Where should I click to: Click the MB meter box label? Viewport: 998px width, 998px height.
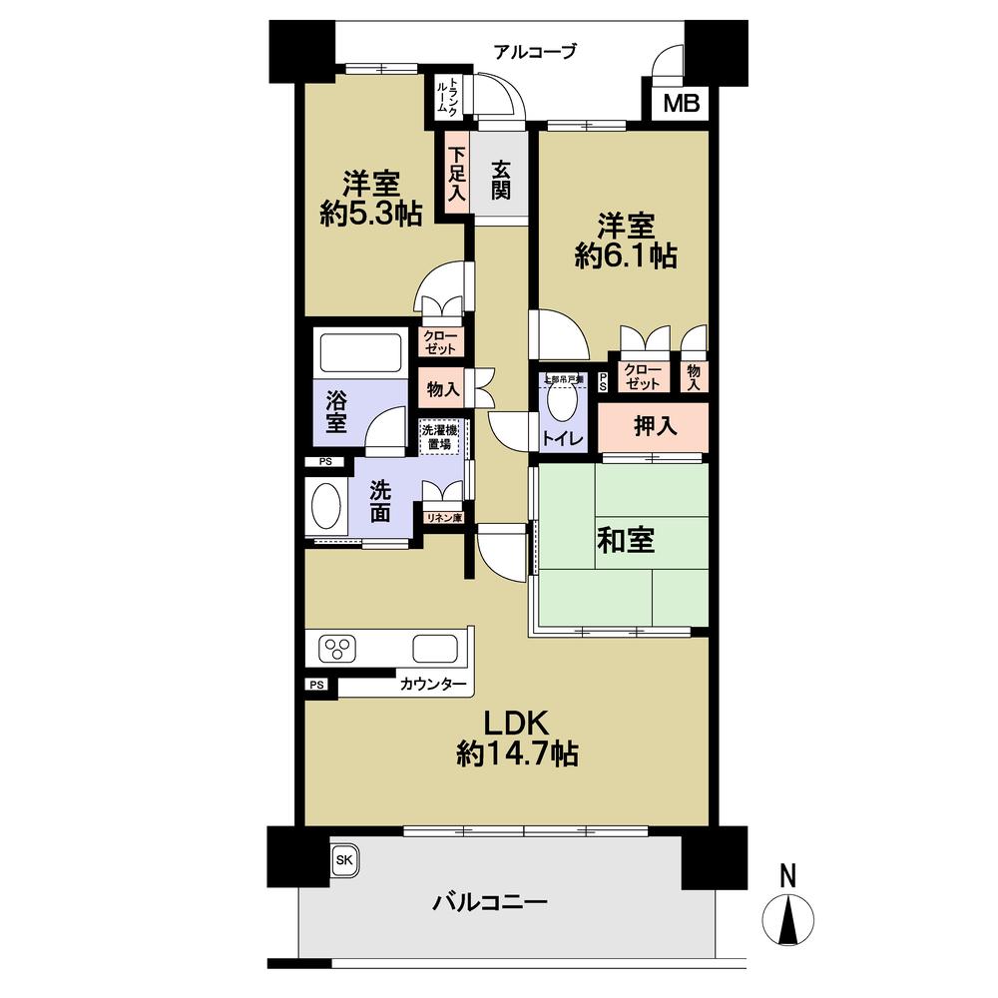[x=683, y=103]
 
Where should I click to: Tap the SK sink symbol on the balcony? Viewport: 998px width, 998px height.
[x=342, y=859]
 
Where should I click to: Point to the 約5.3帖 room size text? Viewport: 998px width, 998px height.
[x=371, y=214]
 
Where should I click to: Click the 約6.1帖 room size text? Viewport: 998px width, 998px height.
[x=626, y=255]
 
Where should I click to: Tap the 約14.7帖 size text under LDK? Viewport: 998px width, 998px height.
[x=517, y=753]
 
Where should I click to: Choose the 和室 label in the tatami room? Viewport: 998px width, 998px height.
[x=626, y=541]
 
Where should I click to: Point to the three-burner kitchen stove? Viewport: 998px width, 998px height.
[x=338, y=649]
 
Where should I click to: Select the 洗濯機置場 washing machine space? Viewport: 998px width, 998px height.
[x=439, y=437]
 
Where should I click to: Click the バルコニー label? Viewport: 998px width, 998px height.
[x=490, y=904]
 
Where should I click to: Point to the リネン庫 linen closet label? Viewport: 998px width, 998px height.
[x=442, y=517]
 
